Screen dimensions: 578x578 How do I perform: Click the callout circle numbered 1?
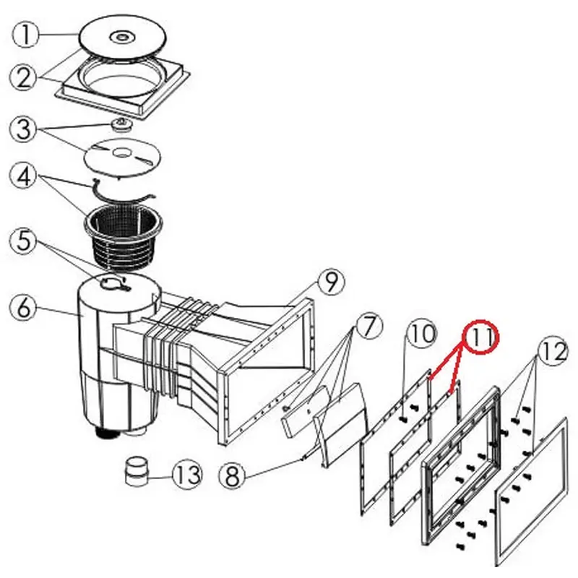27,35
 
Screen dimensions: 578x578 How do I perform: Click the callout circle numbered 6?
24,309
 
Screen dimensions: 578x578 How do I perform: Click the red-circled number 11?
481,337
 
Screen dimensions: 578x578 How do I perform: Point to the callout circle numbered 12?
552,353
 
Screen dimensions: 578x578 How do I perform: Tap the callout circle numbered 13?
186,475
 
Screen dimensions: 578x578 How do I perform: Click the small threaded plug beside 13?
135,472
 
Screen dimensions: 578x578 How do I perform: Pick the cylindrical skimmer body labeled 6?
108,354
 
